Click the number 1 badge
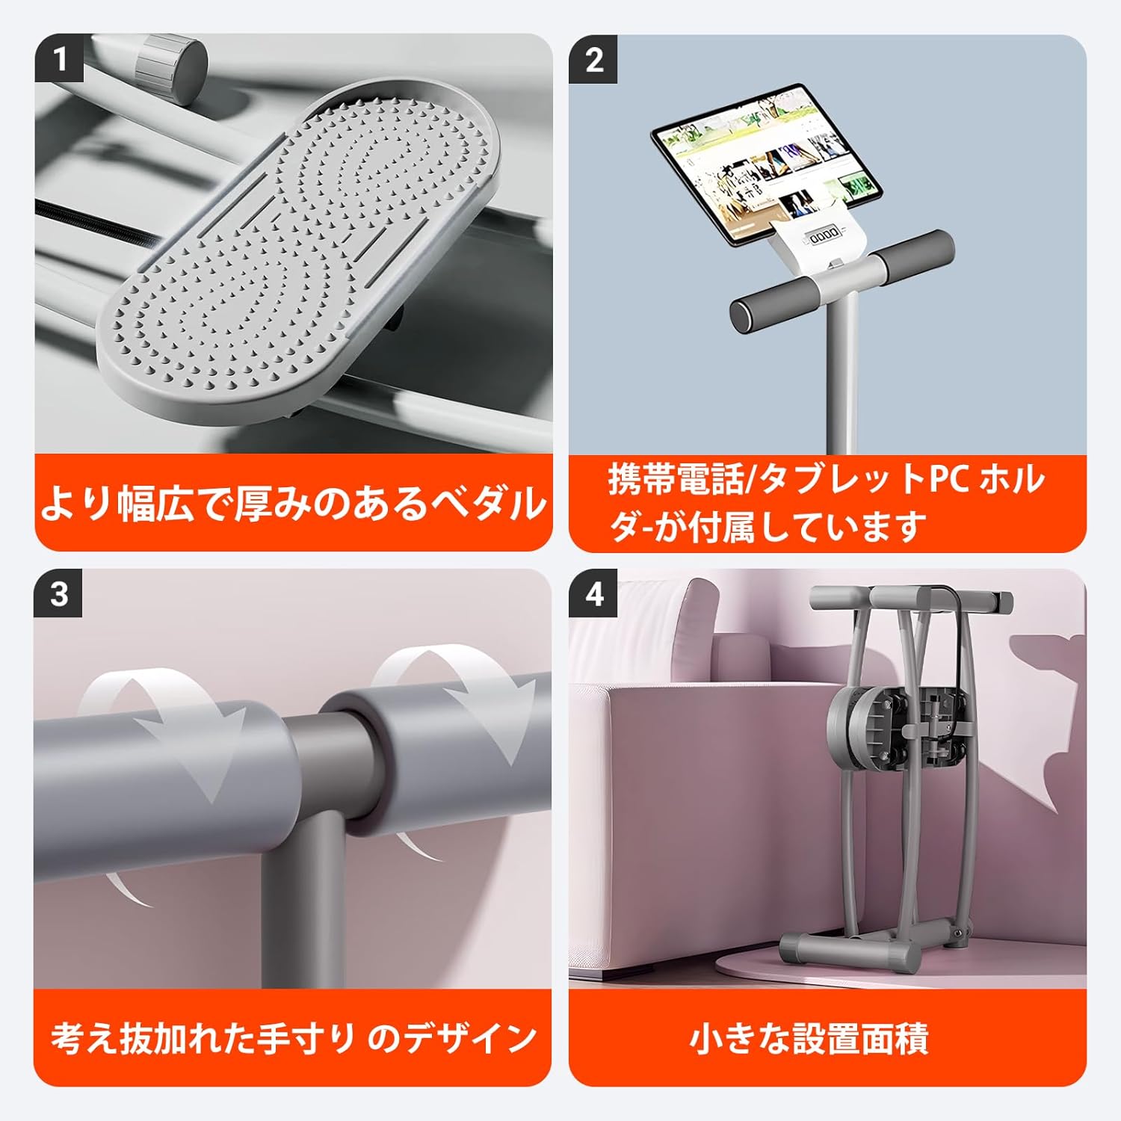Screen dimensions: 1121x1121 (x=59, y=59)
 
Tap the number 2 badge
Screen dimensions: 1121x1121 (x=593, y=59)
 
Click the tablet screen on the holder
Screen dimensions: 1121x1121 (x=766, y=165)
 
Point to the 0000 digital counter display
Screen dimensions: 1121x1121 (x=824, y=236)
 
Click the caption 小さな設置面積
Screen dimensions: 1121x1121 (x=809, y=1039)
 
